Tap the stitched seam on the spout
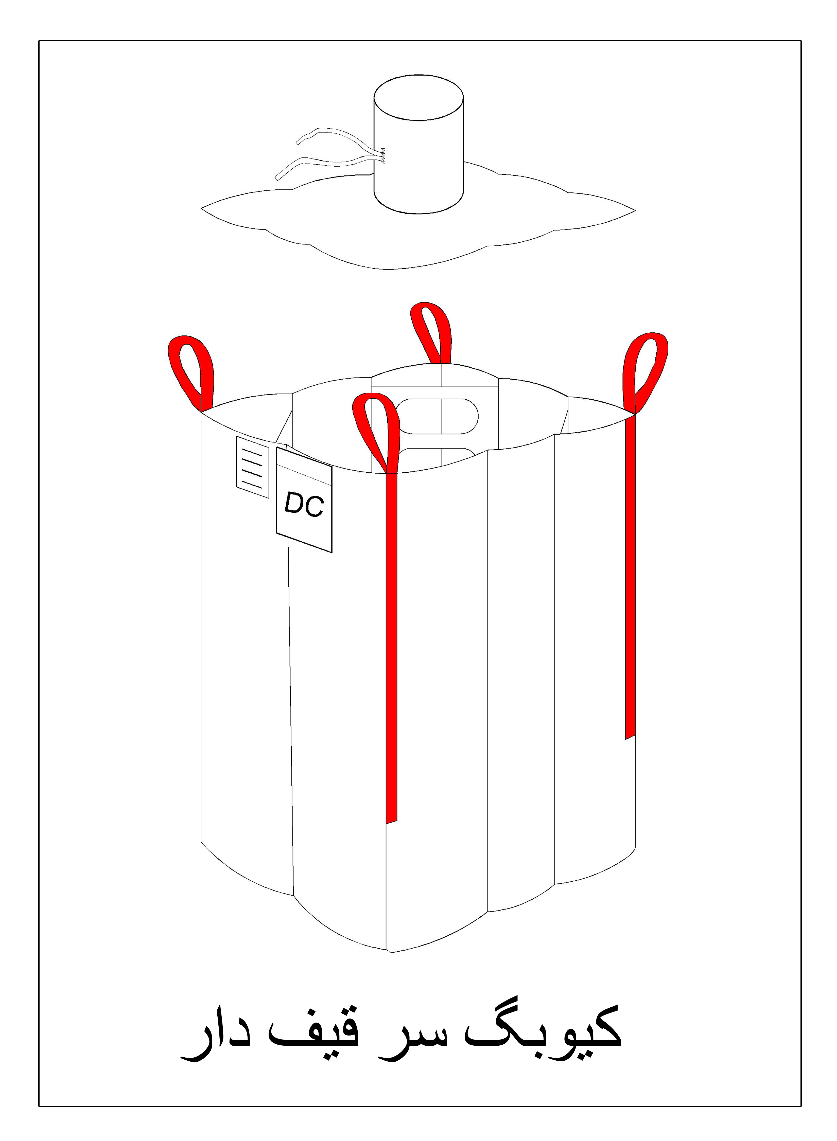coord(383,156)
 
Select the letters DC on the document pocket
coord(304,505)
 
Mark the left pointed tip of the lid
coord(202,208)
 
